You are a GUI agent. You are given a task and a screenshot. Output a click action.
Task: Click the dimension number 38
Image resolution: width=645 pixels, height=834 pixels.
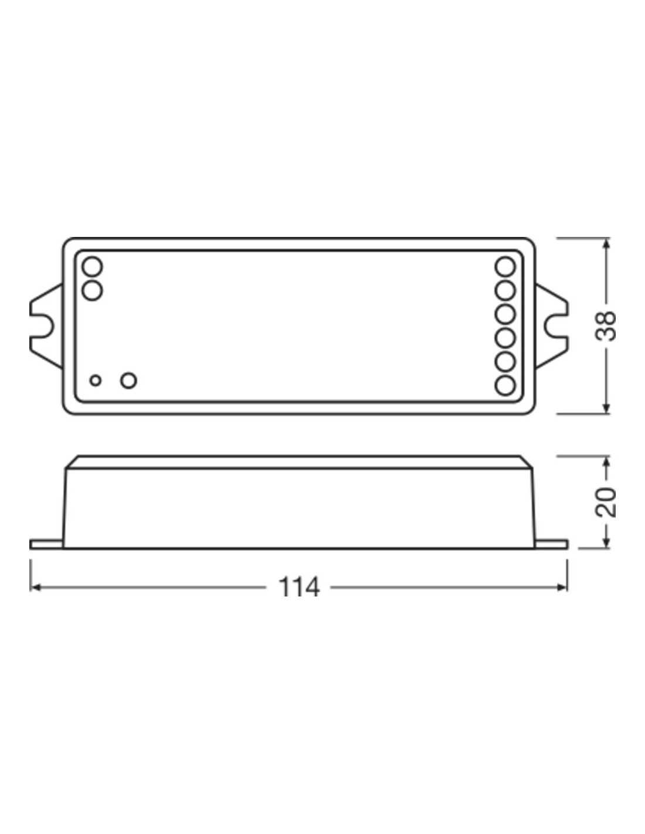[x=605, y=326]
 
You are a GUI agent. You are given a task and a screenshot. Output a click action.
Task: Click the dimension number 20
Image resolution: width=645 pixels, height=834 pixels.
[x=605, y=503]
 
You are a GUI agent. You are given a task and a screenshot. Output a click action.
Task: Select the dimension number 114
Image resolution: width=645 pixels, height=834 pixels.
[x=298, y=587]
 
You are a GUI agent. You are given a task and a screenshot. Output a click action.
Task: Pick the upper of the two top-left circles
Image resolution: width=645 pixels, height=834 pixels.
[x=92, y=267]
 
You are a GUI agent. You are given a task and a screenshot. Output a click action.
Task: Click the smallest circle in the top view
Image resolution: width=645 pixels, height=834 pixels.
[x=96, y=381]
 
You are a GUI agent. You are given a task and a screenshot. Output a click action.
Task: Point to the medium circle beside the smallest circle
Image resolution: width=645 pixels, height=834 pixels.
[x=128, y=381]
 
